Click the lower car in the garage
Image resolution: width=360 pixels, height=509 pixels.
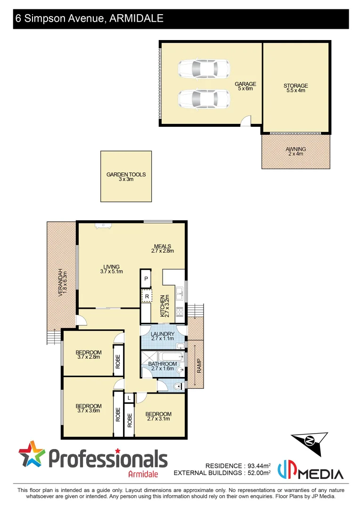pos(204,99)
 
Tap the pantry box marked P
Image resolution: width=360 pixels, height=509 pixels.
pos(146,279)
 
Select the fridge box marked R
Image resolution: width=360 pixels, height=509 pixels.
pos(147,296)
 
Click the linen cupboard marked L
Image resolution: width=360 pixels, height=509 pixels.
pos(129,398)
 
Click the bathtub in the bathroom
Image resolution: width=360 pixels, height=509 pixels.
pos(169,356)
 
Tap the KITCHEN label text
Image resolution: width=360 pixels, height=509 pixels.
pos(162,306)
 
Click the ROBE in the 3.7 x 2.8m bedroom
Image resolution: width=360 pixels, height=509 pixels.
pos(118,361)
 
